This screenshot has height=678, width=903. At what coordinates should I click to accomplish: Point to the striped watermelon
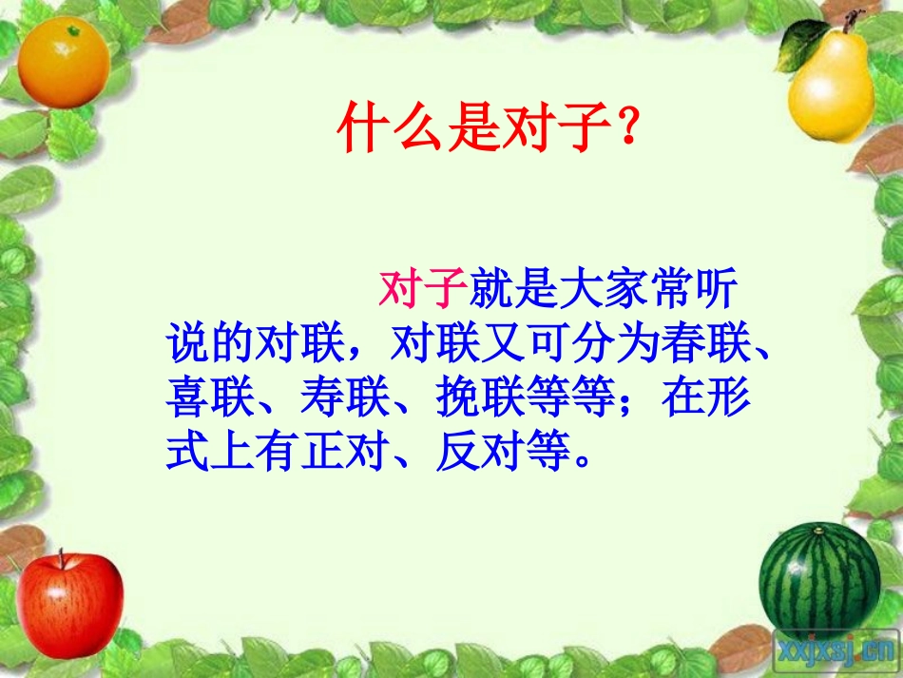(819, 579)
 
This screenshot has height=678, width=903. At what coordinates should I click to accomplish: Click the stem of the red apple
(63, 558)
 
